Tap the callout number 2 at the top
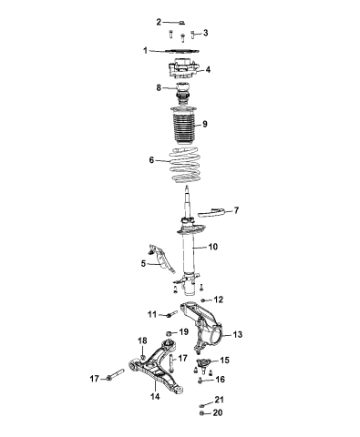(x=158, y=21)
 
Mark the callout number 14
(x=155, y=397)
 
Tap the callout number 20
(x=217, y=412)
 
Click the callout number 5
(x=144, y=263)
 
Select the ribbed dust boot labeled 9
(x=184, y=128)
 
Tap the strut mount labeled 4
(x=183, y=71)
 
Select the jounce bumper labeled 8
(x=183, y=91)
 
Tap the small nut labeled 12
(x=201, y=300)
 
